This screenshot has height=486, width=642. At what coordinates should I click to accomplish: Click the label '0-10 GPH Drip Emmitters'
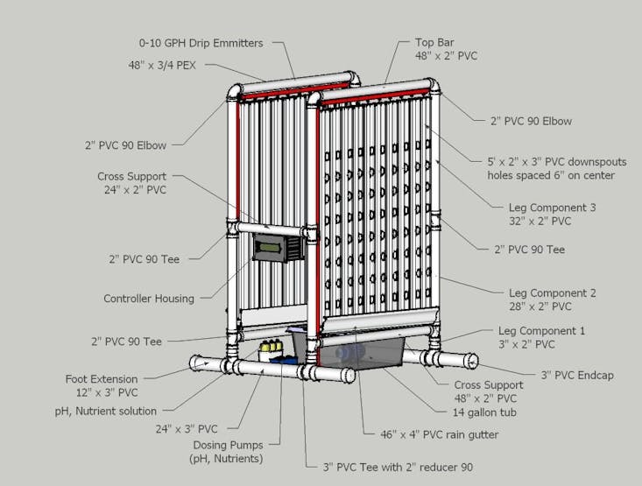[x=201, y=43]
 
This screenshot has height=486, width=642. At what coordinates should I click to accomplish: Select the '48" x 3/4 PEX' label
[x=162, y=65]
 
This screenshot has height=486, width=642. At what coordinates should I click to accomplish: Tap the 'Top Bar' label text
[x=434, y=42]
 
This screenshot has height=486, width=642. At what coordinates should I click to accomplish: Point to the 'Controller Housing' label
[x=149, y=299]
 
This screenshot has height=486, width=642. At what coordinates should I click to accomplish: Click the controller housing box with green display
[x=278, y=247]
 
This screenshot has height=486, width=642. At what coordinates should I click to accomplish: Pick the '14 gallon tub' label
[x=484, y=412]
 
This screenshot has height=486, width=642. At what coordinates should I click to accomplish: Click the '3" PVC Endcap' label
[x=577, y=375]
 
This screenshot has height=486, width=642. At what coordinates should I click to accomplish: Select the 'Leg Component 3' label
[x=553, y=208]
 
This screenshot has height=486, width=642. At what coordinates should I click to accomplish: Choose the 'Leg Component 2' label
[x=553, y=293]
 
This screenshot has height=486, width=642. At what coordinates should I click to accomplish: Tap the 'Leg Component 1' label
[x=541, y=331]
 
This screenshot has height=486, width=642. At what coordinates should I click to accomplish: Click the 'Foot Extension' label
[x=102, y=379]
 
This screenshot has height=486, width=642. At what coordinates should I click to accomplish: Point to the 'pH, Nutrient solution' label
[x=106, y=411]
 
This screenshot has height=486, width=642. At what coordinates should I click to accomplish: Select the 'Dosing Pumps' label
[x=228, y=445]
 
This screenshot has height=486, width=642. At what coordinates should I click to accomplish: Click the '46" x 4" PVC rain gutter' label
[x=440, y=434]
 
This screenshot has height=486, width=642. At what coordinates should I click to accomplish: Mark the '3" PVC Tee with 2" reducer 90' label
[x=398, y=467]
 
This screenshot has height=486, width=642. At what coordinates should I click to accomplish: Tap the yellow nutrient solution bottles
[x=271, y=347]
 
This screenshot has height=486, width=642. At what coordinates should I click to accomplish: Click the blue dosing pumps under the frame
[x=284, y=360]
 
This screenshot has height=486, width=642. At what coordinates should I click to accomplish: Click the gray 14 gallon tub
[x=360, y=353]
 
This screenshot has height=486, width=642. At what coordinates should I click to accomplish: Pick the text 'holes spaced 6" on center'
[x=551, y=175]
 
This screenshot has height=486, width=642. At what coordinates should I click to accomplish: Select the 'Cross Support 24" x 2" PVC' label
[x=132, y=183]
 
